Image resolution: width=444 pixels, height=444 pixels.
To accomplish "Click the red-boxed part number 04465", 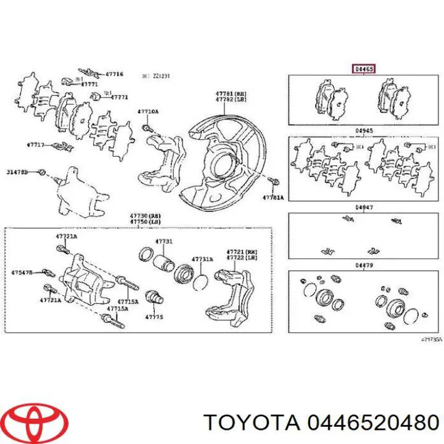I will coord(363,69).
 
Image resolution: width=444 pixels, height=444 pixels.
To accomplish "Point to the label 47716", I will coord(113,74).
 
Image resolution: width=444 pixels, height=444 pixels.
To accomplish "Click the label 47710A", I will coord(147,112).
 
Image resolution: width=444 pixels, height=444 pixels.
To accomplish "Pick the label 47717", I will coord(35,145).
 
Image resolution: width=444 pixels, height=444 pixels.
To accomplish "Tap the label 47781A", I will coord(273,197).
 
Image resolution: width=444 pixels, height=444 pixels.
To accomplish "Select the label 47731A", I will coord(202,259).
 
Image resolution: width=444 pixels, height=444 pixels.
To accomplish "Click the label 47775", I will coord(154,316).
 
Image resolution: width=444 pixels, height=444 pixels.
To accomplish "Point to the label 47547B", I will coord(22,271).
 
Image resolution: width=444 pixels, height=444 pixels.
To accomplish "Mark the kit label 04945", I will coord(364,130).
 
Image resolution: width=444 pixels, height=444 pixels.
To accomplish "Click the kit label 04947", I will coord(364,208).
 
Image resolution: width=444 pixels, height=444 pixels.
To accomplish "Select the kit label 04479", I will coord(364,266).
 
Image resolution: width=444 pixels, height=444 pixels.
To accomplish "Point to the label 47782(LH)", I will coord(228,99).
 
